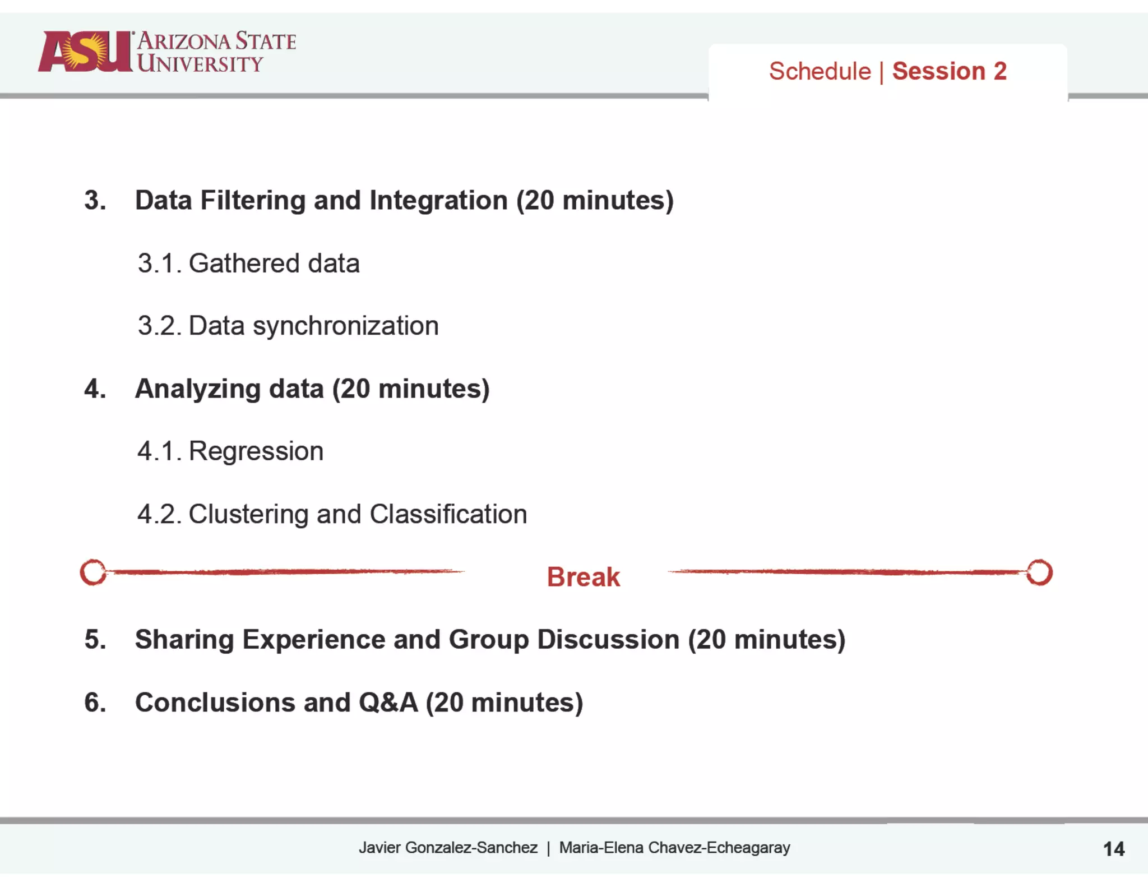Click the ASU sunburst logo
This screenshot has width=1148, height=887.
coord(84,52)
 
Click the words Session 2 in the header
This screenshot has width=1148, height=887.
coord(949,71)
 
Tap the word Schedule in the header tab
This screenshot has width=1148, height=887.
coord(820,71)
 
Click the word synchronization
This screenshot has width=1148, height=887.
coord(345,326)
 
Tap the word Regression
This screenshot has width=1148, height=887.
coord(256,451)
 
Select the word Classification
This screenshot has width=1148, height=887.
coord(448,514)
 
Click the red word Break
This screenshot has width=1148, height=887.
coord(583,577)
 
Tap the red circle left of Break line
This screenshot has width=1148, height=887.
coord(93,572)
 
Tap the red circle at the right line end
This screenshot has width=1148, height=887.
coord(1039,572)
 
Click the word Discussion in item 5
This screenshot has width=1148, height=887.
coord(608,639)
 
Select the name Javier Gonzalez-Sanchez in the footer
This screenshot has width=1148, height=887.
coord(448,847)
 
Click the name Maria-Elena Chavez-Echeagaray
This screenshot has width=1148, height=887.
coord(674,847)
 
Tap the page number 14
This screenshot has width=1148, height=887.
coord(1113,849)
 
